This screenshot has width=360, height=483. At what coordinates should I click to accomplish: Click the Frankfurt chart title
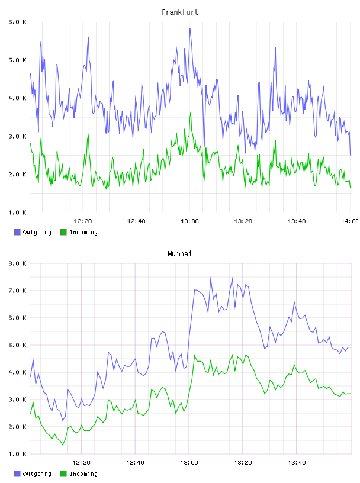pos(180,12)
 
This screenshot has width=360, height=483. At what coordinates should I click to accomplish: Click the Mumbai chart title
pos(179,254)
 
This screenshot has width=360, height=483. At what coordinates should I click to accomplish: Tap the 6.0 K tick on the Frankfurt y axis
pos(18,22)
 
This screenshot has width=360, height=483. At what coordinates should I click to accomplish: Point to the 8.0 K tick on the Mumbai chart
pos(18,263)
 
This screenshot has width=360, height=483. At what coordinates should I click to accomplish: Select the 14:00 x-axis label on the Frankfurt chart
pos(350,221)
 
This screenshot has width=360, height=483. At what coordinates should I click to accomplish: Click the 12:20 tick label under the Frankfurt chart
pos(83,221)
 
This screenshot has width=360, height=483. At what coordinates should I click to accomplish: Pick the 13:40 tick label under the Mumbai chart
pos(297,462)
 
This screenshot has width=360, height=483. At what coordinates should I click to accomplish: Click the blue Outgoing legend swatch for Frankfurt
pos(17,232)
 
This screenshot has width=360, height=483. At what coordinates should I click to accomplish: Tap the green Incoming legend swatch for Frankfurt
pos(63,232)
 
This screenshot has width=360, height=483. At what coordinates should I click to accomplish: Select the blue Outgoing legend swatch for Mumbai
pos(17,474)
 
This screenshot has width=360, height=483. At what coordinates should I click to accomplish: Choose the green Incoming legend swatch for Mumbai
pos(63,474)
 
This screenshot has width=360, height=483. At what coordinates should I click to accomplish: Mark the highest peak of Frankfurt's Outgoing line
pos(190,28)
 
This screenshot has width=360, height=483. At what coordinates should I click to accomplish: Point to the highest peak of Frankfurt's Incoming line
pos(191,111)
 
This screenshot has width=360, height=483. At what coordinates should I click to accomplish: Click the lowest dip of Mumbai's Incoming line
pos(63,445)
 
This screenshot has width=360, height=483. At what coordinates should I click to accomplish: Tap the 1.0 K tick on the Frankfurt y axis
pos(18,212)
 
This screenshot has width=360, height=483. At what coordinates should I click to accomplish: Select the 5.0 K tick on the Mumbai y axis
pos(18,345)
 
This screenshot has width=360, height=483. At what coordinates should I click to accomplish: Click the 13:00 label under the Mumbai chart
pos(189,462)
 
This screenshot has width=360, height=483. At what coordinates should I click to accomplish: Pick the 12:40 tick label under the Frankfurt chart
pos(136,221)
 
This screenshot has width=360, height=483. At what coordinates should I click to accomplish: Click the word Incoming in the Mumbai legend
pos(83,474)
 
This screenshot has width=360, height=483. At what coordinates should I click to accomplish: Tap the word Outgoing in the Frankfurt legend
pos(37,232)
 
